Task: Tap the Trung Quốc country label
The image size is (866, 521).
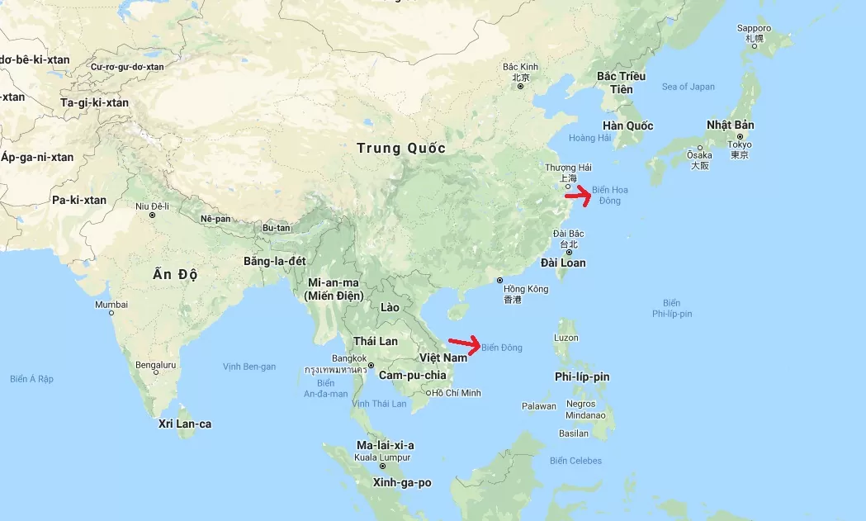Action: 401,149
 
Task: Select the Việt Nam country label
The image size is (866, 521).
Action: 442,358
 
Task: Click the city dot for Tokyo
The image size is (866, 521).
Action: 741,137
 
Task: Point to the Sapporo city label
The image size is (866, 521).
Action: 754,29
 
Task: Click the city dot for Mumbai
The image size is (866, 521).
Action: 111,313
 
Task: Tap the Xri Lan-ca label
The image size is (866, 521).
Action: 185,424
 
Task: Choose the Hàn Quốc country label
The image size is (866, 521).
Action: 627,126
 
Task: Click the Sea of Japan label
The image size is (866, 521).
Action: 688,87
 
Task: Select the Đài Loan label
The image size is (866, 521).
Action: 563,263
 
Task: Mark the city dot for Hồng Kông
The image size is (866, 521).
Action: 500,281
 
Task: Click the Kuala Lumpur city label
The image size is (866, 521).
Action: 382,457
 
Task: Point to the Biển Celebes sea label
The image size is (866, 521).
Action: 575,461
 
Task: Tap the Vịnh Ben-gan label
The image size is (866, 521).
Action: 249,366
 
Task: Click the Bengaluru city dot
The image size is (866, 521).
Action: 156,372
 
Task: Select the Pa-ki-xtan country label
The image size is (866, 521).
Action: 79,200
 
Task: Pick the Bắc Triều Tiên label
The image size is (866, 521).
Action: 621,83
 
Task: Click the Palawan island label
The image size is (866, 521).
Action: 538,406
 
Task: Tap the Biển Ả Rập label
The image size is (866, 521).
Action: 31,379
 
